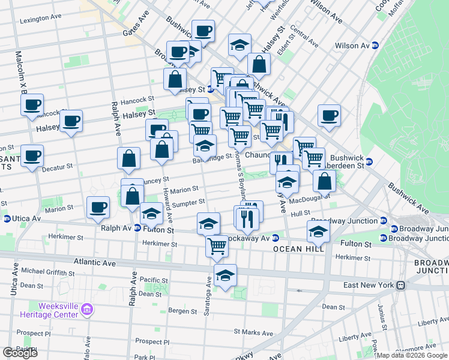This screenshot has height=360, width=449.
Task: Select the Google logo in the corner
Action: pyautogui.click(x=20, y=353)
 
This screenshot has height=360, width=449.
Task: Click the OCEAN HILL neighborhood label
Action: pyautogui.click(x=298, y=249)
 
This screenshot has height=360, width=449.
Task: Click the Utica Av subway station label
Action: pyautogui.click(x=22, y=218)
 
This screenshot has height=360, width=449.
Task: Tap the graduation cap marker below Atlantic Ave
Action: pyautogui.click(x=225, y=276)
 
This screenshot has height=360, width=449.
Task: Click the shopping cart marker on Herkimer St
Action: pyautogui.click(x=217, y=245)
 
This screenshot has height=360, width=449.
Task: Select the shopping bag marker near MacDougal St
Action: pyautogui.click(x=324, y=181)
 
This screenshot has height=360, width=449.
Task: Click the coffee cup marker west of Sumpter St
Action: pyautogui.click(x=98, y=208)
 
